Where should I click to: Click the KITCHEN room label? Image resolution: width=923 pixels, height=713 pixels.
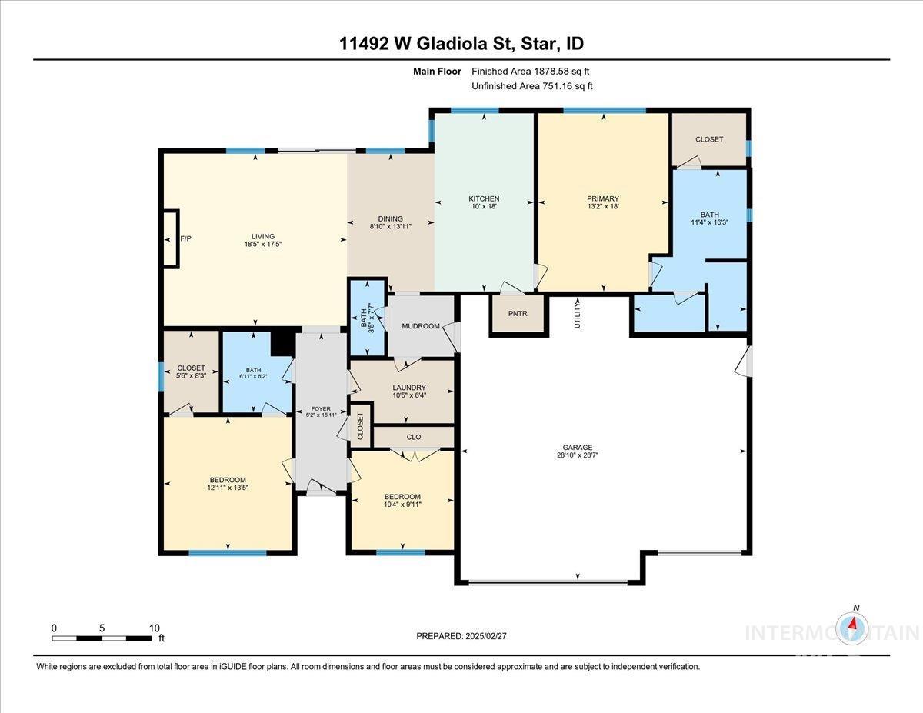pyautogui.click(x=484, y=198)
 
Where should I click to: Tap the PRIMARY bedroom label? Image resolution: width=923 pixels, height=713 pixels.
pyautogui.click(x=602, y=199)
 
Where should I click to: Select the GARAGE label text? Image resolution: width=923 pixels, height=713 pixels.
pyautogui.click(x=577, y=447)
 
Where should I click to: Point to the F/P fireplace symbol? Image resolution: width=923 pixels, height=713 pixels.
pyautogui.click(x=170, y=238)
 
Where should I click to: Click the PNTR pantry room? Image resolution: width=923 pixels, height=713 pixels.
pyautogui.click(x=518, y=314)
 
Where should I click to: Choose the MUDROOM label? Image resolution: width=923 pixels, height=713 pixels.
pyautogui.click(x=420, y=326)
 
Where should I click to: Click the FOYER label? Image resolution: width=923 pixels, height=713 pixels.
pyautogui.click(x=321, y=409)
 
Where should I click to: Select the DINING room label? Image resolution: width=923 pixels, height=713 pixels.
pyautogui.click(x=390, y=219)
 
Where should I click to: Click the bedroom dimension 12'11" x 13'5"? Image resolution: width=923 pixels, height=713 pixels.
pyautogui.click(x=227, y=488)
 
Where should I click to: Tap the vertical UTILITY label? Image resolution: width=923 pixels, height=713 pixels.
pyautogui.click(x=577, y=315)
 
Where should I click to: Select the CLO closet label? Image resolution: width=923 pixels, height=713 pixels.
pyautogui.click(x=415, y=437)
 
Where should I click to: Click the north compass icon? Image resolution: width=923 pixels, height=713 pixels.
pyautogui.click(x=852, y=626)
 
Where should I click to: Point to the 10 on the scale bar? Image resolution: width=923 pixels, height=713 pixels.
pyautogui.click(x=154, y=628)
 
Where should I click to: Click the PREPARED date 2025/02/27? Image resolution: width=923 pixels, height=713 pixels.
pyautogui.click(x=461, y=636)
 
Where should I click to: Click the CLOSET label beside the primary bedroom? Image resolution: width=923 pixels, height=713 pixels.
pyautogui.click(x=708, y=139)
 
